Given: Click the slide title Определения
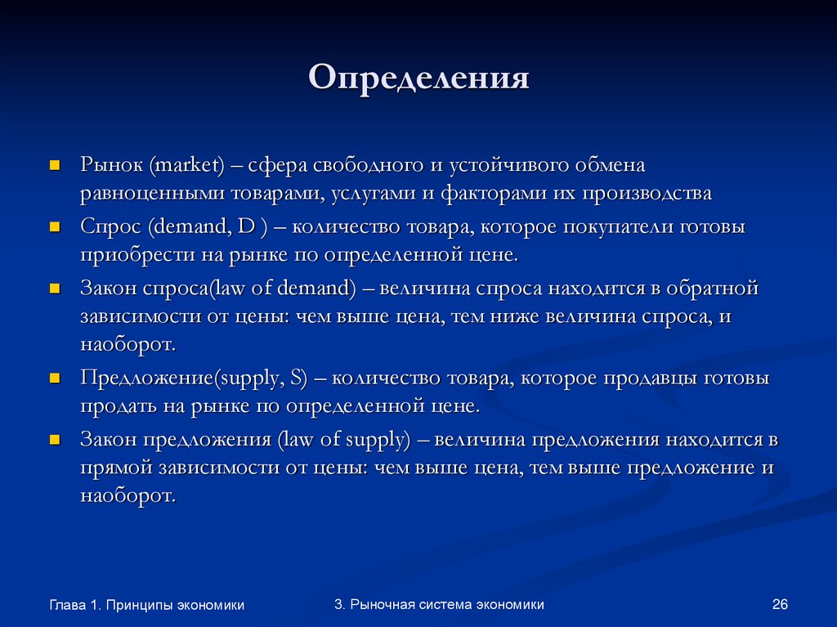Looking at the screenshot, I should pos(419,78).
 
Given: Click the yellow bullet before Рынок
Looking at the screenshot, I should pos(55,164).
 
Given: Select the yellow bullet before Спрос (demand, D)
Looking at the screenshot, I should pos(55,226).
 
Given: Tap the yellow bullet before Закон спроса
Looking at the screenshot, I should pos(55,289).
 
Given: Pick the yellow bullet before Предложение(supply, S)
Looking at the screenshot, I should pos(55,378).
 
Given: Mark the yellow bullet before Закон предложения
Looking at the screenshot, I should pos(55,440).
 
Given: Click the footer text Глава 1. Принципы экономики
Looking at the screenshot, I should pos(147,605).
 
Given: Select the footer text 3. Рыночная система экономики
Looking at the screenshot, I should pos(439,604).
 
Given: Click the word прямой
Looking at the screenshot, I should pos(114,468).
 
